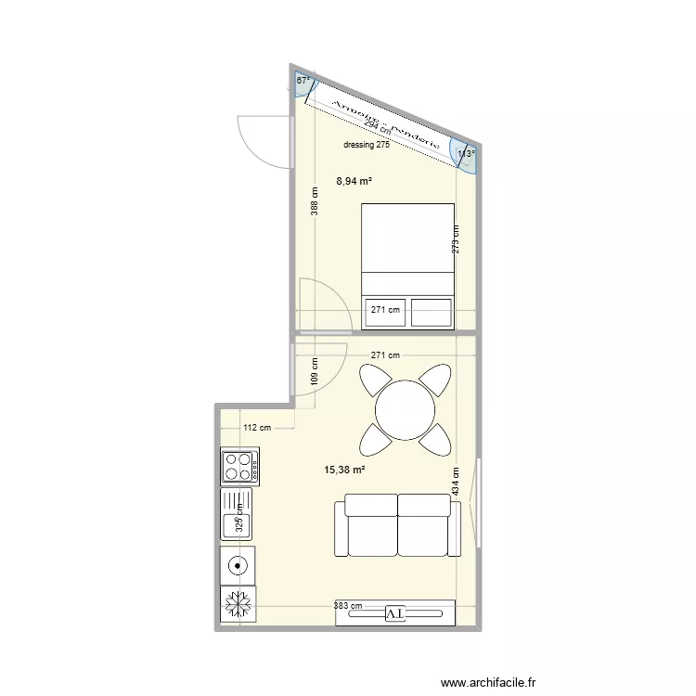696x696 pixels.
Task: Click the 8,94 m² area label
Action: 354,182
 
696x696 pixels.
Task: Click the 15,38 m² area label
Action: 344,470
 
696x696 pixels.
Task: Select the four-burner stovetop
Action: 239,466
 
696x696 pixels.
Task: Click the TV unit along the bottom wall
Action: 395,612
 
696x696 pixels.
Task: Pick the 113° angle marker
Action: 465,155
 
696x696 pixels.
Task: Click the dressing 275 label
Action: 366,145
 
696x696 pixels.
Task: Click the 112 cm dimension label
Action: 257,428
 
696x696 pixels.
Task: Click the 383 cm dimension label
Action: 349,606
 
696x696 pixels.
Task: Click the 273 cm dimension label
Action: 455,240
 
